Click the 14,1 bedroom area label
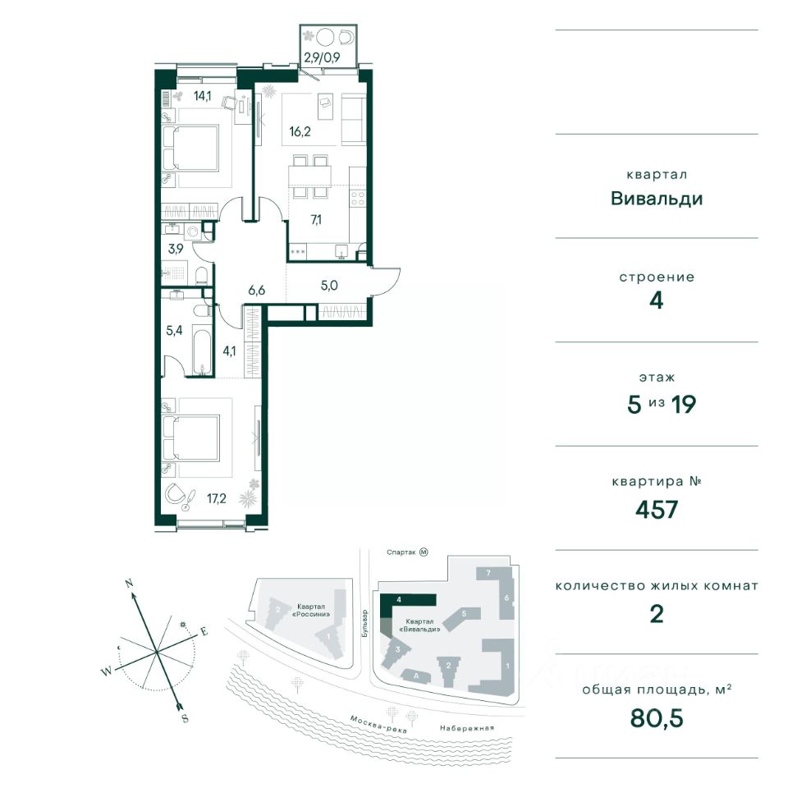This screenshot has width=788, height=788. tap(203, 95)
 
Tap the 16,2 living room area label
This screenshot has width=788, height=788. tap(300, 131)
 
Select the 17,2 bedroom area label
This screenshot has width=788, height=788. tap(217, 498)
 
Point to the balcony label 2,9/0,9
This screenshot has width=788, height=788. tap(322, 57)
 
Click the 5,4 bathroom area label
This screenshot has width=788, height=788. tap(174, 330)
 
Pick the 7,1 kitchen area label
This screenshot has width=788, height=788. tap(316, 220)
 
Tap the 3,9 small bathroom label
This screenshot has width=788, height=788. tap(176, 248)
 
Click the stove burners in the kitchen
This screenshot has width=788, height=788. tap(359, 199)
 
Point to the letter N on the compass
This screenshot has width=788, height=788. tap(129, 584)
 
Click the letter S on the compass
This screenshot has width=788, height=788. tap(185, 719)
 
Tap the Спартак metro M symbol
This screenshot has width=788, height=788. tap(424, 552)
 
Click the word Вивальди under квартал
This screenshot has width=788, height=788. tap(657, 199)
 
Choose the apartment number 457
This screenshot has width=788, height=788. tap(657, 510)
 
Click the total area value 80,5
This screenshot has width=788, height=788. tap(657, 719)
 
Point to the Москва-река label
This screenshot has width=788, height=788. tap(378, 724)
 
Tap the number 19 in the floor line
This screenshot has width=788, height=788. tap(684, 405)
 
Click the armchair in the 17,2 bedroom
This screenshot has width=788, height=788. tap(176, 494)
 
